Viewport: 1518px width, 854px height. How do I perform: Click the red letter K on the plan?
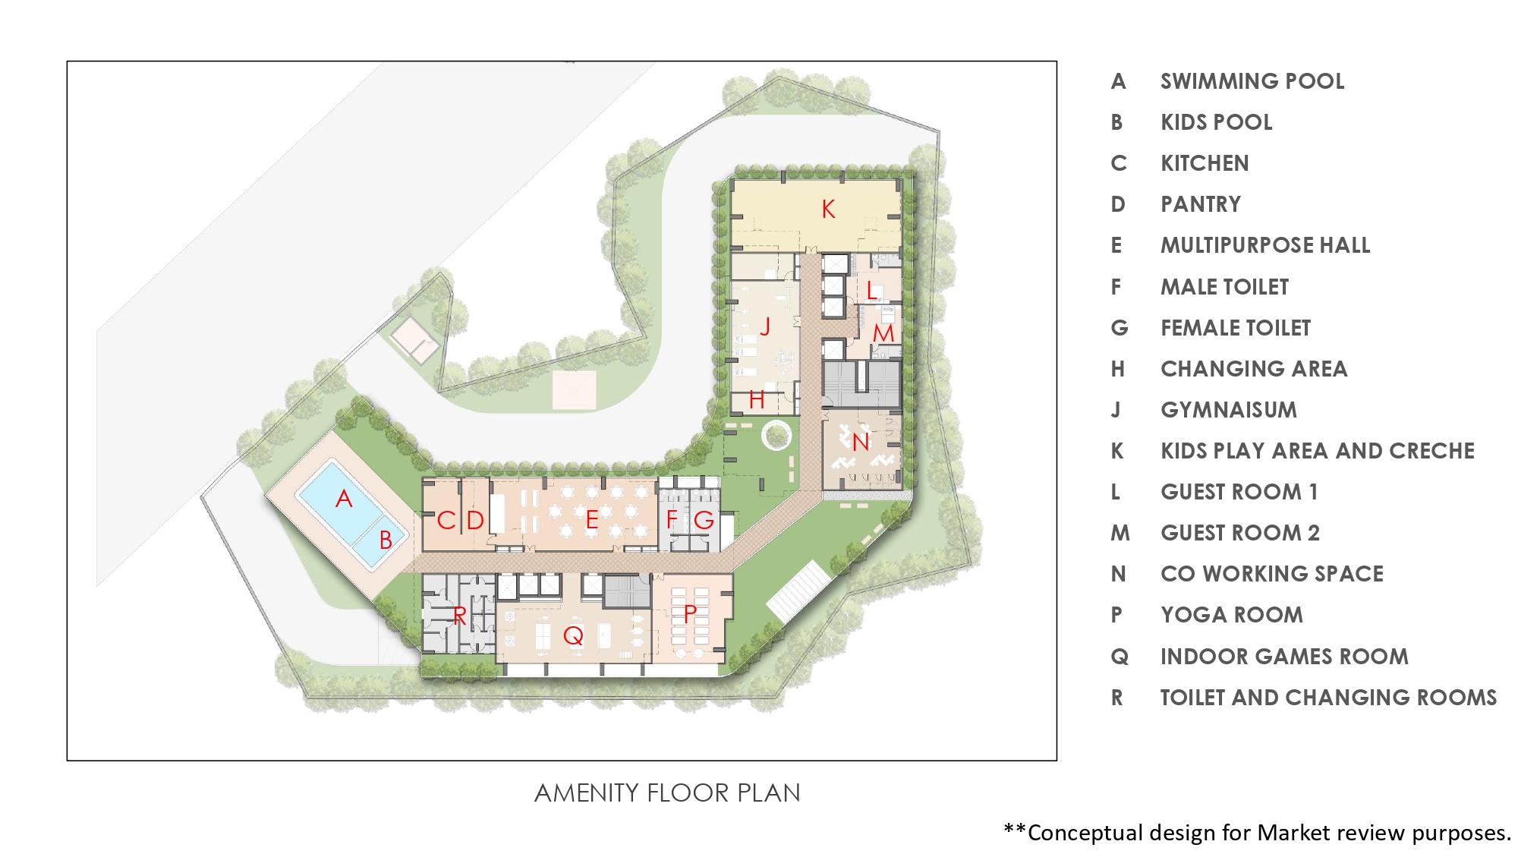tap(828, 209)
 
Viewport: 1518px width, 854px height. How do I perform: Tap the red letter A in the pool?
tap(344, 499)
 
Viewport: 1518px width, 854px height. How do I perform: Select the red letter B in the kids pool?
tap(386, 540)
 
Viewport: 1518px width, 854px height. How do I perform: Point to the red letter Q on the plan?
tap(573, 635)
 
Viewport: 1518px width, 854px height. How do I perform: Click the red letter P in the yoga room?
tap(690, 613)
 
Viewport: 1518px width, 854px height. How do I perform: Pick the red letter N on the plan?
tap(860, 442)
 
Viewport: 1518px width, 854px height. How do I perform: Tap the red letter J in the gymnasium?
tap(765, 326)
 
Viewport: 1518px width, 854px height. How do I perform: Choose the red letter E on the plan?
tap(592, 520)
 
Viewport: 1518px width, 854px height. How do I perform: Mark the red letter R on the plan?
tap(459, 616)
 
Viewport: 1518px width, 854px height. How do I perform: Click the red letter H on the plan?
tap(757, 399)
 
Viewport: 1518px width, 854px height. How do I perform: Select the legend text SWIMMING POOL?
tap(1252, 81)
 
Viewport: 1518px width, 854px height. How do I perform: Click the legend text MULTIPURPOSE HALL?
tap(1265, 245)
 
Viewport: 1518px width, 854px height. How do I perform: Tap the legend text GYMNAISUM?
tap(1229, 410)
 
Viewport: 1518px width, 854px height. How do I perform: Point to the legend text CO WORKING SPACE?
tap(1272, 574)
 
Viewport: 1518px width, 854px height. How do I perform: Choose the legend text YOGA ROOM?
tap(1232, 615)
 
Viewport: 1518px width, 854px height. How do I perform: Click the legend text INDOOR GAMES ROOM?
tap(1284, 657)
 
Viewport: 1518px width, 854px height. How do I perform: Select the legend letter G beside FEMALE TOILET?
tap(1120, 328)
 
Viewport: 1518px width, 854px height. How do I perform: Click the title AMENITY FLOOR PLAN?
tap(667, 793)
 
